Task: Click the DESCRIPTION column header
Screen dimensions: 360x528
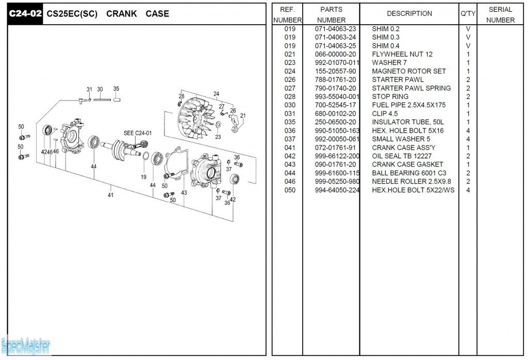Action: pos(409,14)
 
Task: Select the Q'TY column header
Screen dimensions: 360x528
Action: pos(468,14)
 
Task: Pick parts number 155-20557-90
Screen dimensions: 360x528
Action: pos(335,71)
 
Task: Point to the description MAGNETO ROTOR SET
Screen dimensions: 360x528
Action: pos(409,71)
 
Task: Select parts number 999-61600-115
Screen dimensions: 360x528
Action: pos(337,173)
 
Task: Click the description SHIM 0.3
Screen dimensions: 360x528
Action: pos(386,37)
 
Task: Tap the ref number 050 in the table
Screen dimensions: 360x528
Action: pos(290,190)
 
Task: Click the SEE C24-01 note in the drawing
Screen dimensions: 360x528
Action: pos(138,133)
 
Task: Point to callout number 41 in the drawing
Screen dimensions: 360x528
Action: pos(110,195)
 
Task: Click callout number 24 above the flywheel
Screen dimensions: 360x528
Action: pos(216,94)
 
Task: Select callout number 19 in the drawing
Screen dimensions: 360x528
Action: pos(143,177)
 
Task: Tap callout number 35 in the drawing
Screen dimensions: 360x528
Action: pos(116,89)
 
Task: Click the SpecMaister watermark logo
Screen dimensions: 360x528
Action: pos(26,346)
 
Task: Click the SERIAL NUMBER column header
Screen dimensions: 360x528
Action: pos(500,14)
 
